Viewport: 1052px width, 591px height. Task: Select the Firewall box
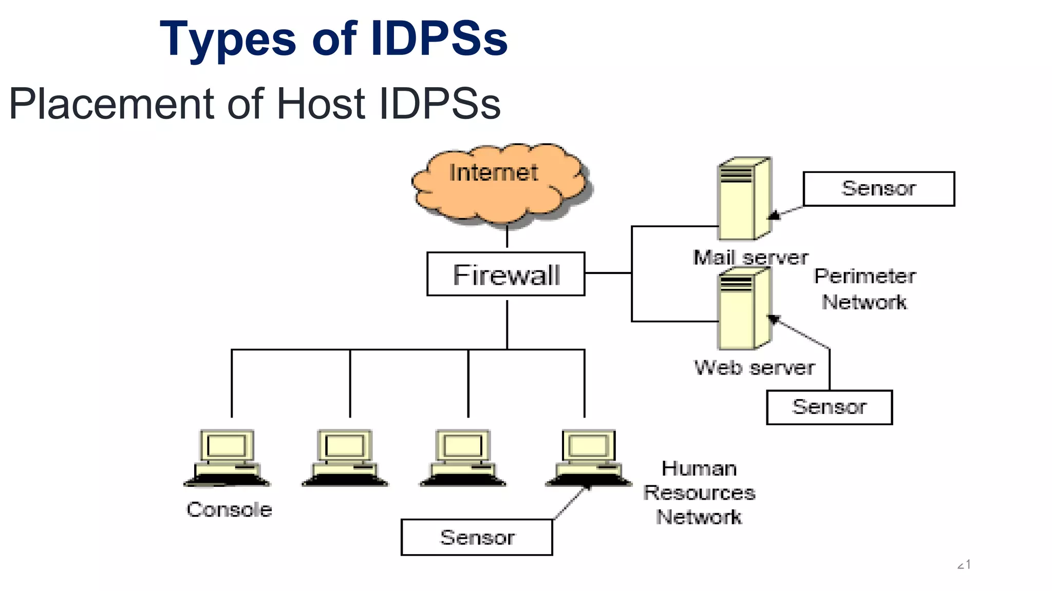(x=505, y=274)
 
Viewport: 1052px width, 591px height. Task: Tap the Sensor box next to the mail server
(x=878, y=189)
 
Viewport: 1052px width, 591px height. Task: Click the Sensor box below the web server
(x=829, y=407)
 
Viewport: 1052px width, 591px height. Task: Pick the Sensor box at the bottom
(x=477, y=537)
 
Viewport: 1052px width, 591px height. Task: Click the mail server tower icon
(x=743, y=199)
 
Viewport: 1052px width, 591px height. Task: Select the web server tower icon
(x=743, y=310)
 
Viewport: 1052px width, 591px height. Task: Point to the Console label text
(x=229, y=509)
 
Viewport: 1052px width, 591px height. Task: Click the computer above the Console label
(x=227, y=458)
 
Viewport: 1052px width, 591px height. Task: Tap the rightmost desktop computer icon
(x=588, y=458)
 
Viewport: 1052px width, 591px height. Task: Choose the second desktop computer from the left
(x=345, y=458)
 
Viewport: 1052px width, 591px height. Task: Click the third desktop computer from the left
(x=462, y=458)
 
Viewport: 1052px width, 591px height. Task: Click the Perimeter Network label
(x=865, y=289)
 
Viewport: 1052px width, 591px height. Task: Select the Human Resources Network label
(x=699, y=493)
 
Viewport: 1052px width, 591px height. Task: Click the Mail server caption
(x=750, y=257)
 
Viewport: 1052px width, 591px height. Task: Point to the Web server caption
(x=754, y=367)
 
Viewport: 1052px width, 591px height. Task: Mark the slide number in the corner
(x=964, y=565)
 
